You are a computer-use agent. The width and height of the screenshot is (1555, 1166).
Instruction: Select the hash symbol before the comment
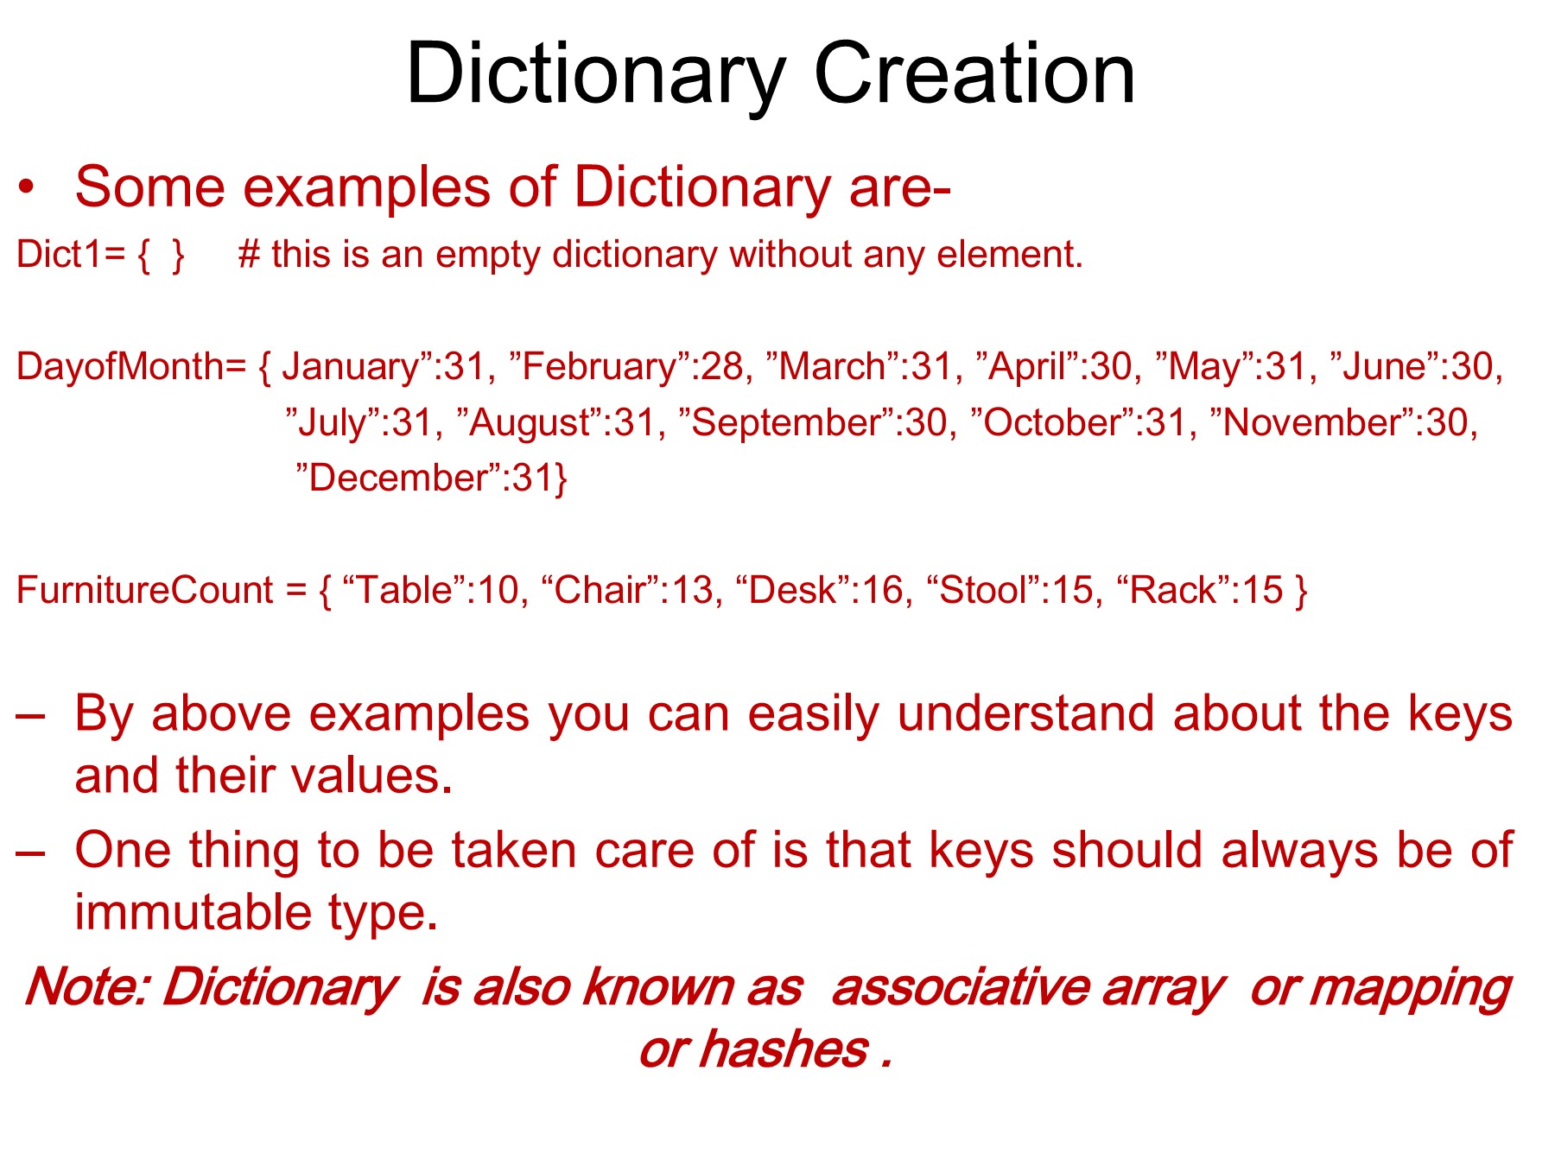250,255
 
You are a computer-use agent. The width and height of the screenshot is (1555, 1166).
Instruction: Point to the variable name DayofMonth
120,368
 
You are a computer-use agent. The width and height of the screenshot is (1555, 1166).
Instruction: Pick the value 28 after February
722,367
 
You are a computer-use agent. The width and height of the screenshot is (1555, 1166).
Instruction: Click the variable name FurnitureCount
145,590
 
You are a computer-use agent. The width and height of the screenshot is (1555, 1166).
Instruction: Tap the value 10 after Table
498,590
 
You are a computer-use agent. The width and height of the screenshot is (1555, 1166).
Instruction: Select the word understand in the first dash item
1025,713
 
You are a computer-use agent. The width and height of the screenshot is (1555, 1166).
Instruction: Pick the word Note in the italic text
86,986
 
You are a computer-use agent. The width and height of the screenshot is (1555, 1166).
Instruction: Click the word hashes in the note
784,1049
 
